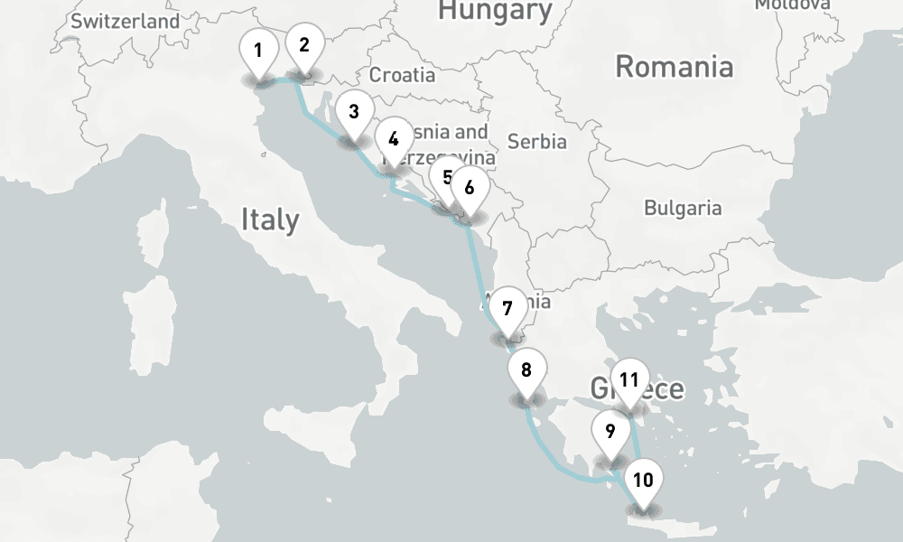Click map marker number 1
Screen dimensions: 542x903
[x=258, y=51]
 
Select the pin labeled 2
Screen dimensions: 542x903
[x=304, y=45]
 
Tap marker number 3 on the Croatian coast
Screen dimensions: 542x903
[x=353, y=112]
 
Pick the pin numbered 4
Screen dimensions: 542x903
[x=393, y=139]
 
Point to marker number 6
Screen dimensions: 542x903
[x=469, y=188]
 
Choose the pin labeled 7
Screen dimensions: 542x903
[x=507, y=308]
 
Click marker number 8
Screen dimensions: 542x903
[x=526, y=369]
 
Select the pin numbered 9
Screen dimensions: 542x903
[x=610, y=431]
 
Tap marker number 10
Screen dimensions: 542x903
[x=643, y=480]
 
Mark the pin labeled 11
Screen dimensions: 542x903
[x=629, y=380]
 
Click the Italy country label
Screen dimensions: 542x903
[x=269, y=220]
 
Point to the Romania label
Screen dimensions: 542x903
[x=674, y=67]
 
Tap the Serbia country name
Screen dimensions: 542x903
[x=536, y=142]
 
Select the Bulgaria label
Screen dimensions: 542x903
[x=683, y=208]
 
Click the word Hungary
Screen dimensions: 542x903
[x=495, y=11]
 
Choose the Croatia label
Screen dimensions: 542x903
[x=402, y=75]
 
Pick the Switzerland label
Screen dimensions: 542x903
[x=125, y=21]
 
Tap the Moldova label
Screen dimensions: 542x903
[x=792, y=5]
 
